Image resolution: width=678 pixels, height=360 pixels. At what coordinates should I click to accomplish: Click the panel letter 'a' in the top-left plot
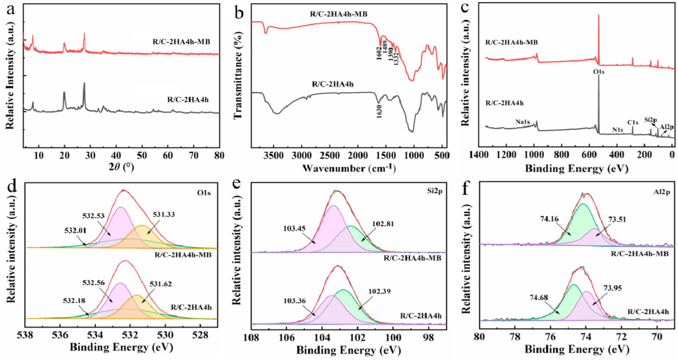pos(11,10)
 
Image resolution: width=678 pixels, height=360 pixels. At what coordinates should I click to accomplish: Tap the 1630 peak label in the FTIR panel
pos(379,111)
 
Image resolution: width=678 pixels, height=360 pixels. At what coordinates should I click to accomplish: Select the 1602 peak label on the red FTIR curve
pos(379,54)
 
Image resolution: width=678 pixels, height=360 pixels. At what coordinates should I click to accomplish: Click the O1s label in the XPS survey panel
pos(598,72)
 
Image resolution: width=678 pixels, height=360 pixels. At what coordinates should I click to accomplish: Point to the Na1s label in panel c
pos(522,122)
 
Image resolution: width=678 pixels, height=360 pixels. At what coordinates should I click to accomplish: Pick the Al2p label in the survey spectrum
pos(666,127)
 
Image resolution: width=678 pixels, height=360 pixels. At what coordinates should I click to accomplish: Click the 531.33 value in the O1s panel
pos(164,215)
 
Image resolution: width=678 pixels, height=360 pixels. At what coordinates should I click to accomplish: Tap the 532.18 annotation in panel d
pos(74,301)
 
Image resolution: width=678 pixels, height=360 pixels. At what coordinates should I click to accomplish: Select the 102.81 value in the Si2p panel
pos(383,224)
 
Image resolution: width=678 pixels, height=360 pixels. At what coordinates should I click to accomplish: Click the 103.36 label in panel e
pos(294,301)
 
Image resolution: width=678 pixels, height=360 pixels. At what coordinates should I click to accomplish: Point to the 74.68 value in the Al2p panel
pos(539,298)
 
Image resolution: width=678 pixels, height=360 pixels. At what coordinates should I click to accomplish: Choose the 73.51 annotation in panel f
pos(617,219)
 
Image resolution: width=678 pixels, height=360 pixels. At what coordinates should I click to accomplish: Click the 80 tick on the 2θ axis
pos(219,155)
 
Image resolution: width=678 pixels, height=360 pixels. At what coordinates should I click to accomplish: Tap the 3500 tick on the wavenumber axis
pos(273,155)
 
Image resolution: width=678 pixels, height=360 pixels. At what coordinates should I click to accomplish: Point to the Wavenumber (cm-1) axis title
pos(349,169)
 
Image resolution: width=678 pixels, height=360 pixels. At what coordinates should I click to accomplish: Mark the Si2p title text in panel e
pos(434,191)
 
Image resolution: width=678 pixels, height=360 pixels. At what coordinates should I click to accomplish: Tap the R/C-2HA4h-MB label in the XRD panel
pos(181,42)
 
